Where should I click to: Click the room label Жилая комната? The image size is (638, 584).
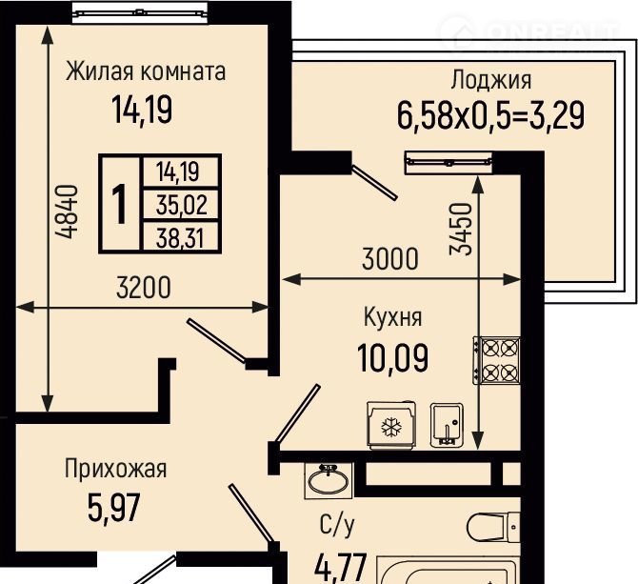point(146,72)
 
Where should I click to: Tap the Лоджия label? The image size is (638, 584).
point(490,80)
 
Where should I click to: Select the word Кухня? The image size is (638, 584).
point(392,317)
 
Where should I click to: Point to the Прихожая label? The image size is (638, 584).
point(115,469)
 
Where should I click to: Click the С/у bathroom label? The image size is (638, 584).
point(337,525)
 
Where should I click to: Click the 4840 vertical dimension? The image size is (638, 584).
point(66,211)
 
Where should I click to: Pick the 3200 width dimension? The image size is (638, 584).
point(143,288)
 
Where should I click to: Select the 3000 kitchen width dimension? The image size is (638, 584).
point(389,259)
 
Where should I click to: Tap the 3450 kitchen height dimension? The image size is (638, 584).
point(461,229)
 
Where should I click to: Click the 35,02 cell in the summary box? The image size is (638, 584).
point(182,205)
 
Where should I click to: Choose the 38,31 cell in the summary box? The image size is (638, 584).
point(180,238)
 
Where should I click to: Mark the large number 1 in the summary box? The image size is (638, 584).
point(120,204)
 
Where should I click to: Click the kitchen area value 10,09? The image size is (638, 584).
point(392,357)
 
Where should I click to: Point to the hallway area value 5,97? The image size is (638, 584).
point(114,507)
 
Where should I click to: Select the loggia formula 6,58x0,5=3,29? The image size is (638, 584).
point(490,115)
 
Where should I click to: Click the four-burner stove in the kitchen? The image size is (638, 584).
point(497,360)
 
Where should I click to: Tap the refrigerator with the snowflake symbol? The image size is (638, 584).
point(391,425)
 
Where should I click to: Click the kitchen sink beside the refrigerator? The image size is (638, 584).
point(447,425)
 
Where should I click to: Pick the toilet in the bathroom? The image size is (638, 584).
point(493,528)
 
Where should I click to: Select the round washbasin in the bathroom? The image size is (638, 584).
point(328,480)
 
